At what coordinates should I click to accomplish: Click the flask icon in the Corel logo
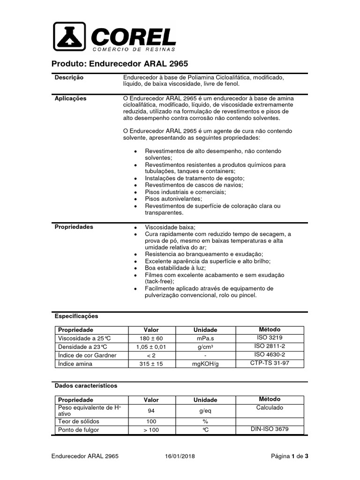coord(69,37)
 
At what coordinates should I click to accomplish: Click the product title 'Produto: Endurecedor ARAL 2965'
coord(119,64)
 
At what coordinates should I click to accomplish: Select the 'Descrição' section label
coord(69,77)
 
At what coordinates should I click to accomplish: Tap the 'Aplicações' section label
coord(71,98)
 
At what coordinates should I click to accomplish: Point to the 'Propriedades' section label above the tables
coord(74,227)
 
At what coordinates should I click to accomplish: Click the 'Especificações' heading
coord(76,316)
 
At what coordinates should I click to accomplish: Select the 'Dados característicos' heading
coord(86,386)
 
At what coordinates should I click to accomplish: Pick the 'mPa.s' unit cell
coord(205,338)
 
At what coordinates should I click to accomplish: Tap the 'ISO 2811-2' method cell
coord(270,346)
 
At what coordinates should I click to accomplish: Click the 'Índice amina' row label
coord(76,364)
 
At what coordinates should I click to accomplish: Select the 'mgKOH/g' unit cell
coord(205,364)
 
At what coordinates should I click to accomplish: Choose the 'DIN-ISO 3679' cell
coord(270,429)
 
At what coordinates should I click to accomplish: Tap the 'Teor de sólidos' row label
coord(78,421)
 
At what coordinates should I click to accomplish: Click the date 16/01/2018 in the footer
coord(180,456)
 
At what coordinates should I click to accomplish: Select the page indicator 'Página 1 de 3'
coord(290,456)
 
